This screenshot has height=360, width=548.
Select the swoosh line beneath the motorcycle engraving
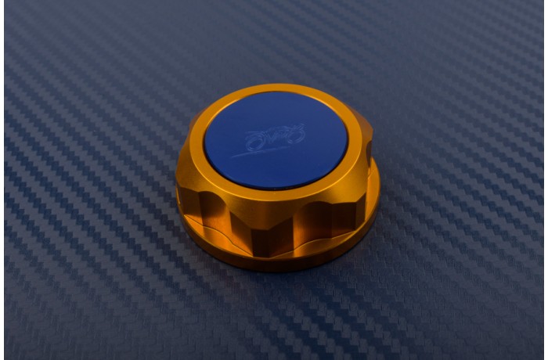point(266,153)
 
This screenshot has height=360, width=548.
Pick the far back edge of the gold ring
point(274,88)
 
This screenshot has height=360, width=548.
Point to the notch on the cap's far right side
point(368,149)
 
